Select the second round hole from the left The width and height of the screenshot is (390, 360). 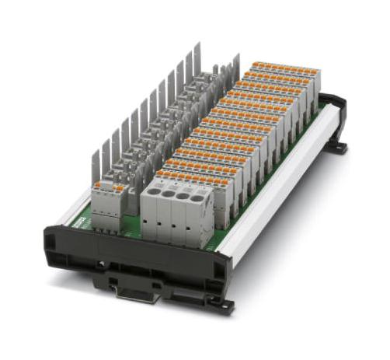(x=169, y=194)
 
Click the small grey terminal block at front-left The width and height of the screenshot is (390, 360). (x=108, y=205)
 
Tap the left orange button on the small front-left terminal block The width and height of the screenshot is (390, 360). (x=99, y=187)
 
